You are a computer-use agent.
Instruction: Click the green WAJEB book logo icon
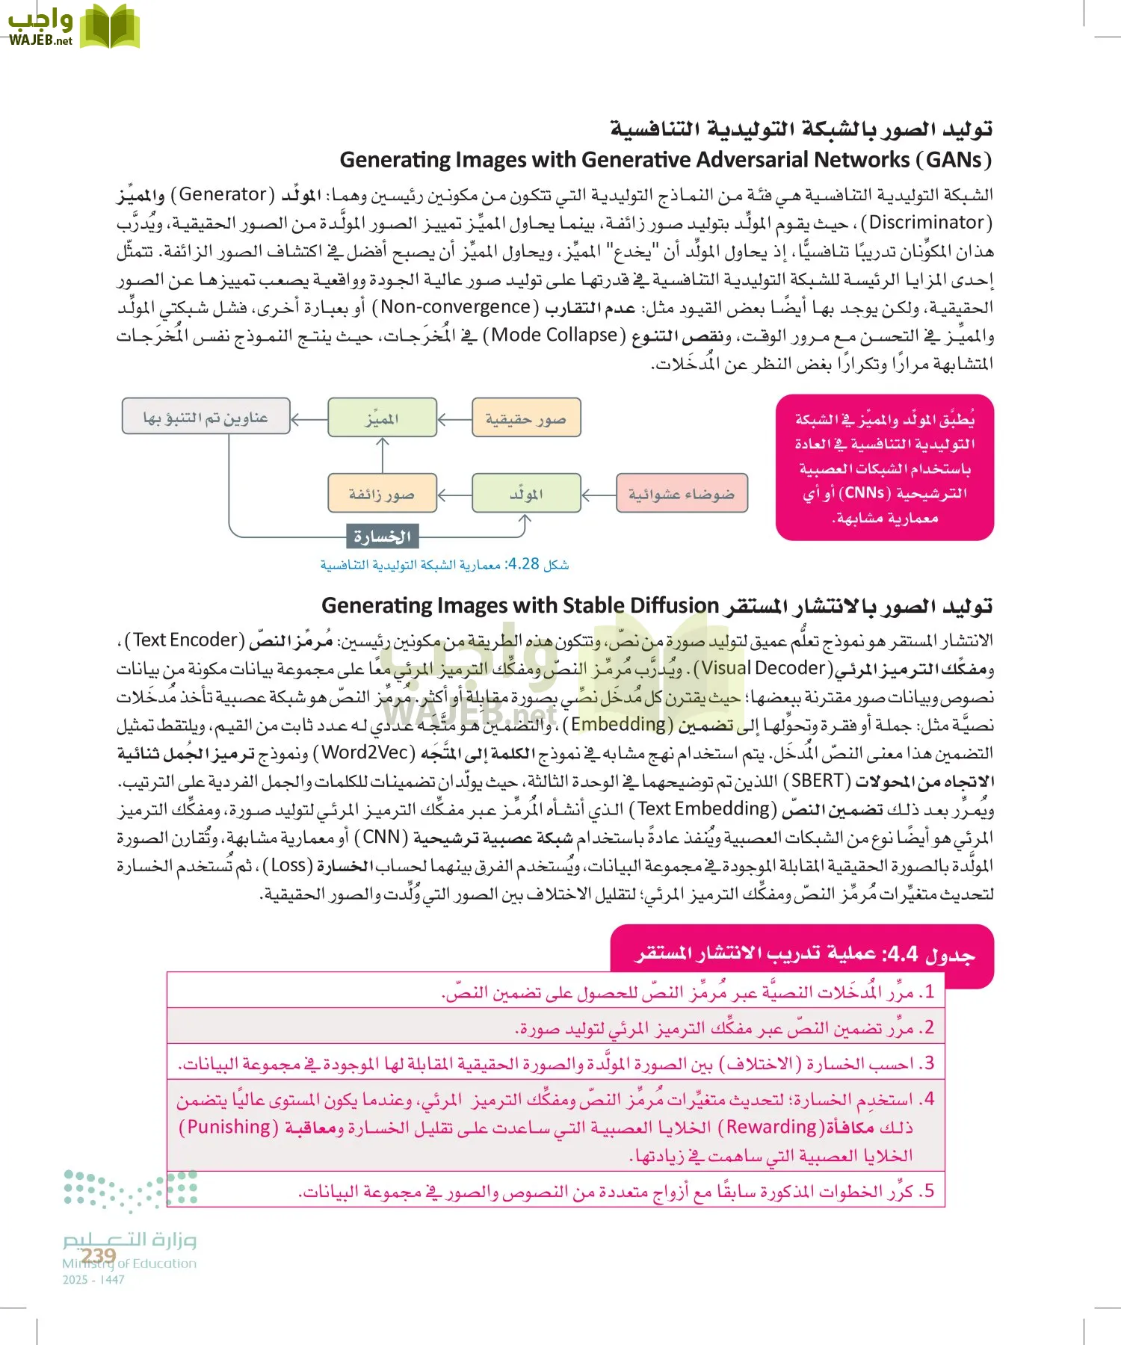coord(109,26)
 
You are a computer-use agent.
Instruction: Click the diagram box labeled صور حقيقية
coord(526,418)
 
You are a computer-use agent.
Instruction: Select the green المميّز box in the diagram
coord(382,418)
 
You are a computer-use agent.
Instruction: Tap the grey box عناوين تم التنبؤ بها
coord(206,416)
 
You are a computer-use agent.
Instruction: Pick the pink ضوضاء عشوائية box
coord(682,493)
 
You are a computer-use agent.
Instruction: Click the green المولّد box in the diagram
coord(526,493)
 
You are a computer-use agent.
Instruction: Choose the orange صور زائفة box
coord(382,493)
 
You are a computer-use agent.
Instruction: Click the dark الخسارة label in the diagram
coord(383,537)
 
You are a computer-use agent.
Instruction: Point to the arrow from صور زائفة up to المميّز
coord(383,454)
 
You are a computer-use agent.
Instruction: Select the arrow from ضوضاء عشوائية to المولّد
coord(598,494)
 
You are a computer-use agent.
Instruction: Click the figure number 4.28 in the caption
coord(523,564)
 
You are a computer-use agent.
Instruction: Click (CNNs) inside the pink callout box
coord(865,493)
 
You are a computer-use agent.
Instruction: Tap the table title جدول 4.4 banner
coord(803,954)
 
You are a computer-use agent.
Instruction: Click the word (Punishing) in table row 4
coord(229,1127)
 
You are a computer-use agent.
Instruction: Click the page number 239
coord(99,1255)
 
